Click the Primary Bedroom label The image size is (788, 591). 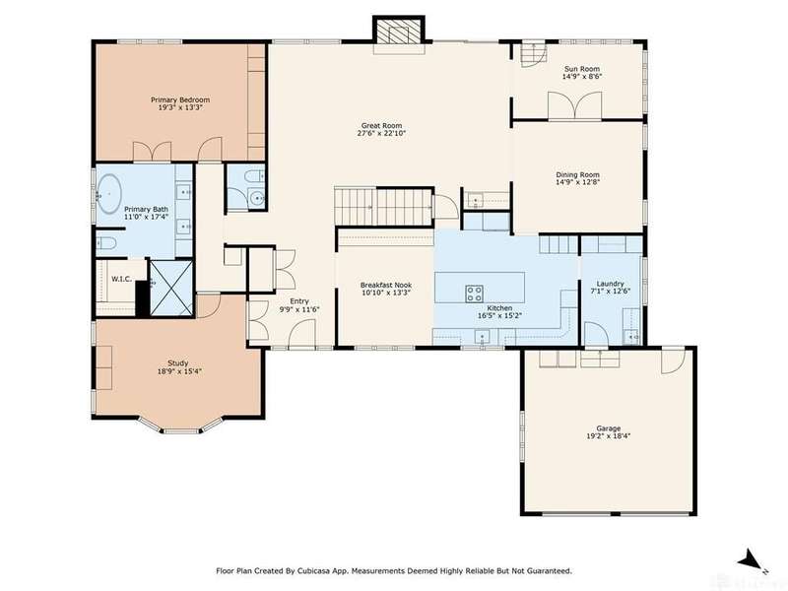180,100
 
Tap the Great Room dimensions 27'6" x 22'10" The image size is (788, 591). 381,134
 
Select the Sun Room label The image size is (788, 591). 582,69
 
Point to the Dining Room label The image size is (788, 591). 577,175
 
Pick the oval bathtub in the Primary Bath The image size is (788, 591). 109,193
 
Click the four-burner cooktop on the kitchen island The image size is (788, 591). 474,293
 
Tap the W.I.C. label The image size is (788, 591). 121,279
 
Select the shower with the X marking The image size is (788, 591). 171,288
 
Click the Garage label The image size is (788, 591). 608,428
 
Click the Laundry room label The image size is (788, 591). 610,284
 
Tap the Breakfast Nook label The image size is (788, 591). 386,285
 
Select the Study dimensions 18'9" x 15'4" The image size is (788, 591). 178,371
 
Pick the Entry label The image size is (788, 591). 299,301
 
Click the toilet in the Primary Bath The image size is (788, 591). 106,243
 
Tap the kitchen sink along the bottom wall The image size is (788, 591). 482,337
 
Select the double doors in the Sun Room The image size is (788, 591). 575,106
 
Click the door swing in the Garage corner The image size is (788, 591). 673,360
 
